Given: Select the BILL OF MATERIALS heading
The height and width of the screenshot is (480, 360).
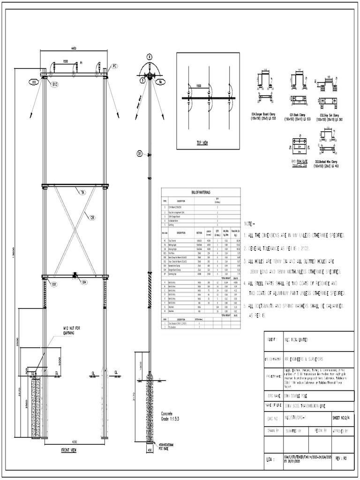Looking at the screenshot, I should coord(201,192).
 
